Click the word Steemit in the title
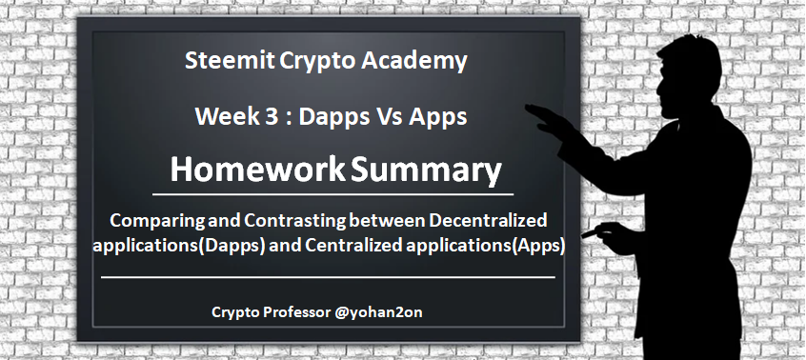[230, 60]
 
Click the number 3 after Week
[269, 116]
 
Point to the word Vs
[391, 116]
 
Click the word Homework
[257, 170]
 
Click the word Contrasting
[294, 221]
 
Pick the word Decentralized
[488, 220]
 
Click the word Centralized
[353, 246]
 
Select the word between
[387, 220]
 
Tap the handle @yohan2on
[378, 312]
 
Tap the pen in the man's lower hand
[589, 233]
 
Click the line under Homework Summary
[333, 194]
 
